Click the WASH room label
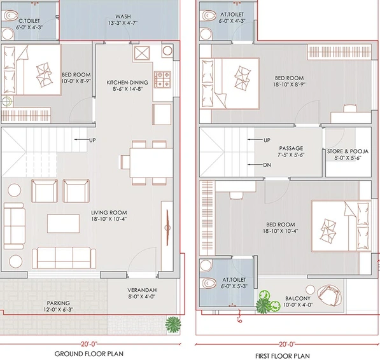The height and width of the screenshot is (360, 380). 123,17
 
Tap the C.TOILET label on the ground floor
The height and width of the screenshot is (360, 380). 29,21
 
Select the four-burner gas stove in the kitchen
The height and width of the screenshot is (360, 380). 162,80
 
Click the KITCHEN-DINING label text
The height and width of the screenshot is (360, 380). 127,83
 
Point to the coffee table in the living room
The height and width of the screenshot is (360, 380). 63,223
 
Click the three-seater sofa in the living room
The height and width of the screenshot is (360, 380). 64,258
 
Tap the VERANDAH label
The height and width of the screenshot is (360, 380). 142,290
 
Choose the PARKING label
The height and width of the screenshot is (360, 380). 59,303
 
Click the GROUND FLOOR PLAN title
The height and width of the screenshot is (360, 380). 89,354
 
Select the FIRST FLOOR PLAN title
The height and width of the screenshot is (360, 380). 283,356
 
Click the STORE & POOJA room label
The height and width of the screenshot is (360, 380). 348,151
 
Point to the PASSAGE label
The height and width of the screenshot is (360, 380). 291,148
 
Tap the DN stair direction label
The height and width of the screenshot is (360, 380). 267,165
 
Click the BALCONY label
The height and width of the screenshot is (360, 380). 298,298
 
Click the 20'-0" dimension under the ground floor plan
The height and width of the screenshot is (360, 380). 89,343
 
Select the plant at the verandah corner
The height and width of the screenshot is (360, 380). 172,324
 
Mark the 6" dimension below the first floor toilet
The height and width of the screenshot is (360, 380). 239,319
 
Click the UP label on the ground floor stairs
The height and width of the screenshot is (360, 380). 92,140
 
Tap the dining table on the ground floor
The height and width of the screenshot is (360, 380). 151,163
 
